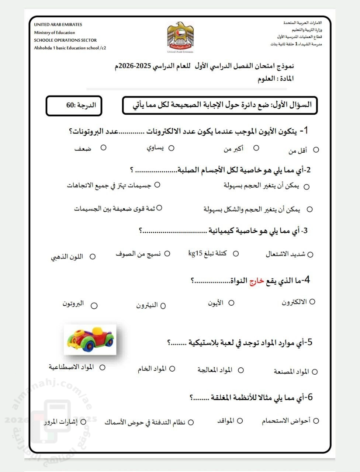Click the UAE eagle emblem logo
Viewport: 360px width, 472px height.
(180, 36)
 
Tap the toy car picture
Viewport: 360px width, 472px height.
(90, 340)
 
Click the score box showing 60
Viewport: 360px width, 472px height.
(74, 106)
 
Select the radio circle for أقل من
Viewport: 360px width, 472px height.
(316, 150)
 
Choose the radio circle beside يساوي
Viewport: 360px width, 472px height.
(171, 148)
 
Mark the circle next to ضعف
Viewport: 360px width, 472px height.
(103, 147)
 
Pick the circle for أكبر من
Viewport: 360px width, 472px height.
(256, 148)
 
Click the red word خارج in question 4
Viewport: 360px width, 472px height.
(257, 281)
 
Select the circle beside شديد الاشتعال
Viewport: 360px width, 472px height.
(310, 254)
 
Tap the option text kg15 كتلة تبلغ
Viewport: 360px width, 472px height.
(207, 253)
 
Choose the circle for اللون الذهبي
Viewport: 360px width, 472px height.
(93, 257)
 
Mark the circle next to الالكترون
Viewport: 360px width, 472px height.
(312, 302)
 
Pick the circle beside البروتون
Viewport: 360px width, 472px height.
(94, 306)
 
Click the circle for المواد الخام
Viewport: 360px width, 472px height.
(172, 369)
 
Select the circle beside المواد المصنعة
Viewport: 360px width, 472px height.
(315, 372)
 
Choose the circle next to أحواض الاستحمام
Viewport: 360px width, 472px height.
(316, 421)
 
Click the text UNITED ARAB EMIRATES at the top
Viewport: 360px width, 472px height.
(58, 25)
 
